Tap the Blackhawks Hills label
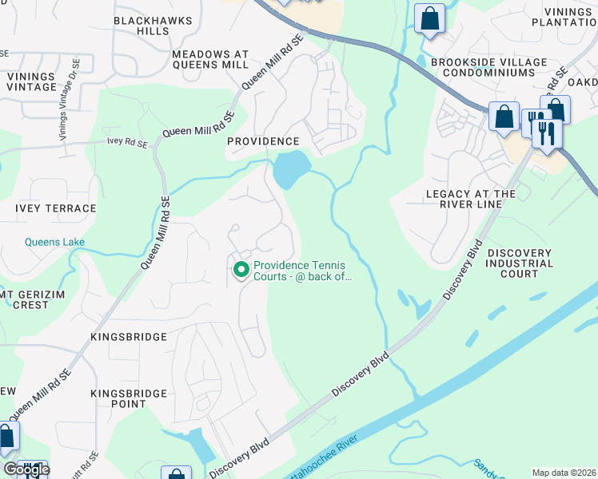click(142, 26)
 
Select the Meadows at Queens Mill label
click(210, 61)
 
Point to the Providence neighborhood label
click(262, 141)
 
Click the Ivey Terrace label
click(55, 208)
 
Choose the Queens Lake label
click(54, 243)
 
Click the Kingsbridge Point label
click(129, 398)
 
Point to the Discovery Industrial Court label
click(519, 263)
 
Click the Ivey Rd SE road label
click(127, 144)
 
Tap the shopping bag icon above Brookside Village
click(429, 19)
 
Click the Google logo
click(27, 469)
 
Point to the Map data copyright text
click(564, 473)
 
